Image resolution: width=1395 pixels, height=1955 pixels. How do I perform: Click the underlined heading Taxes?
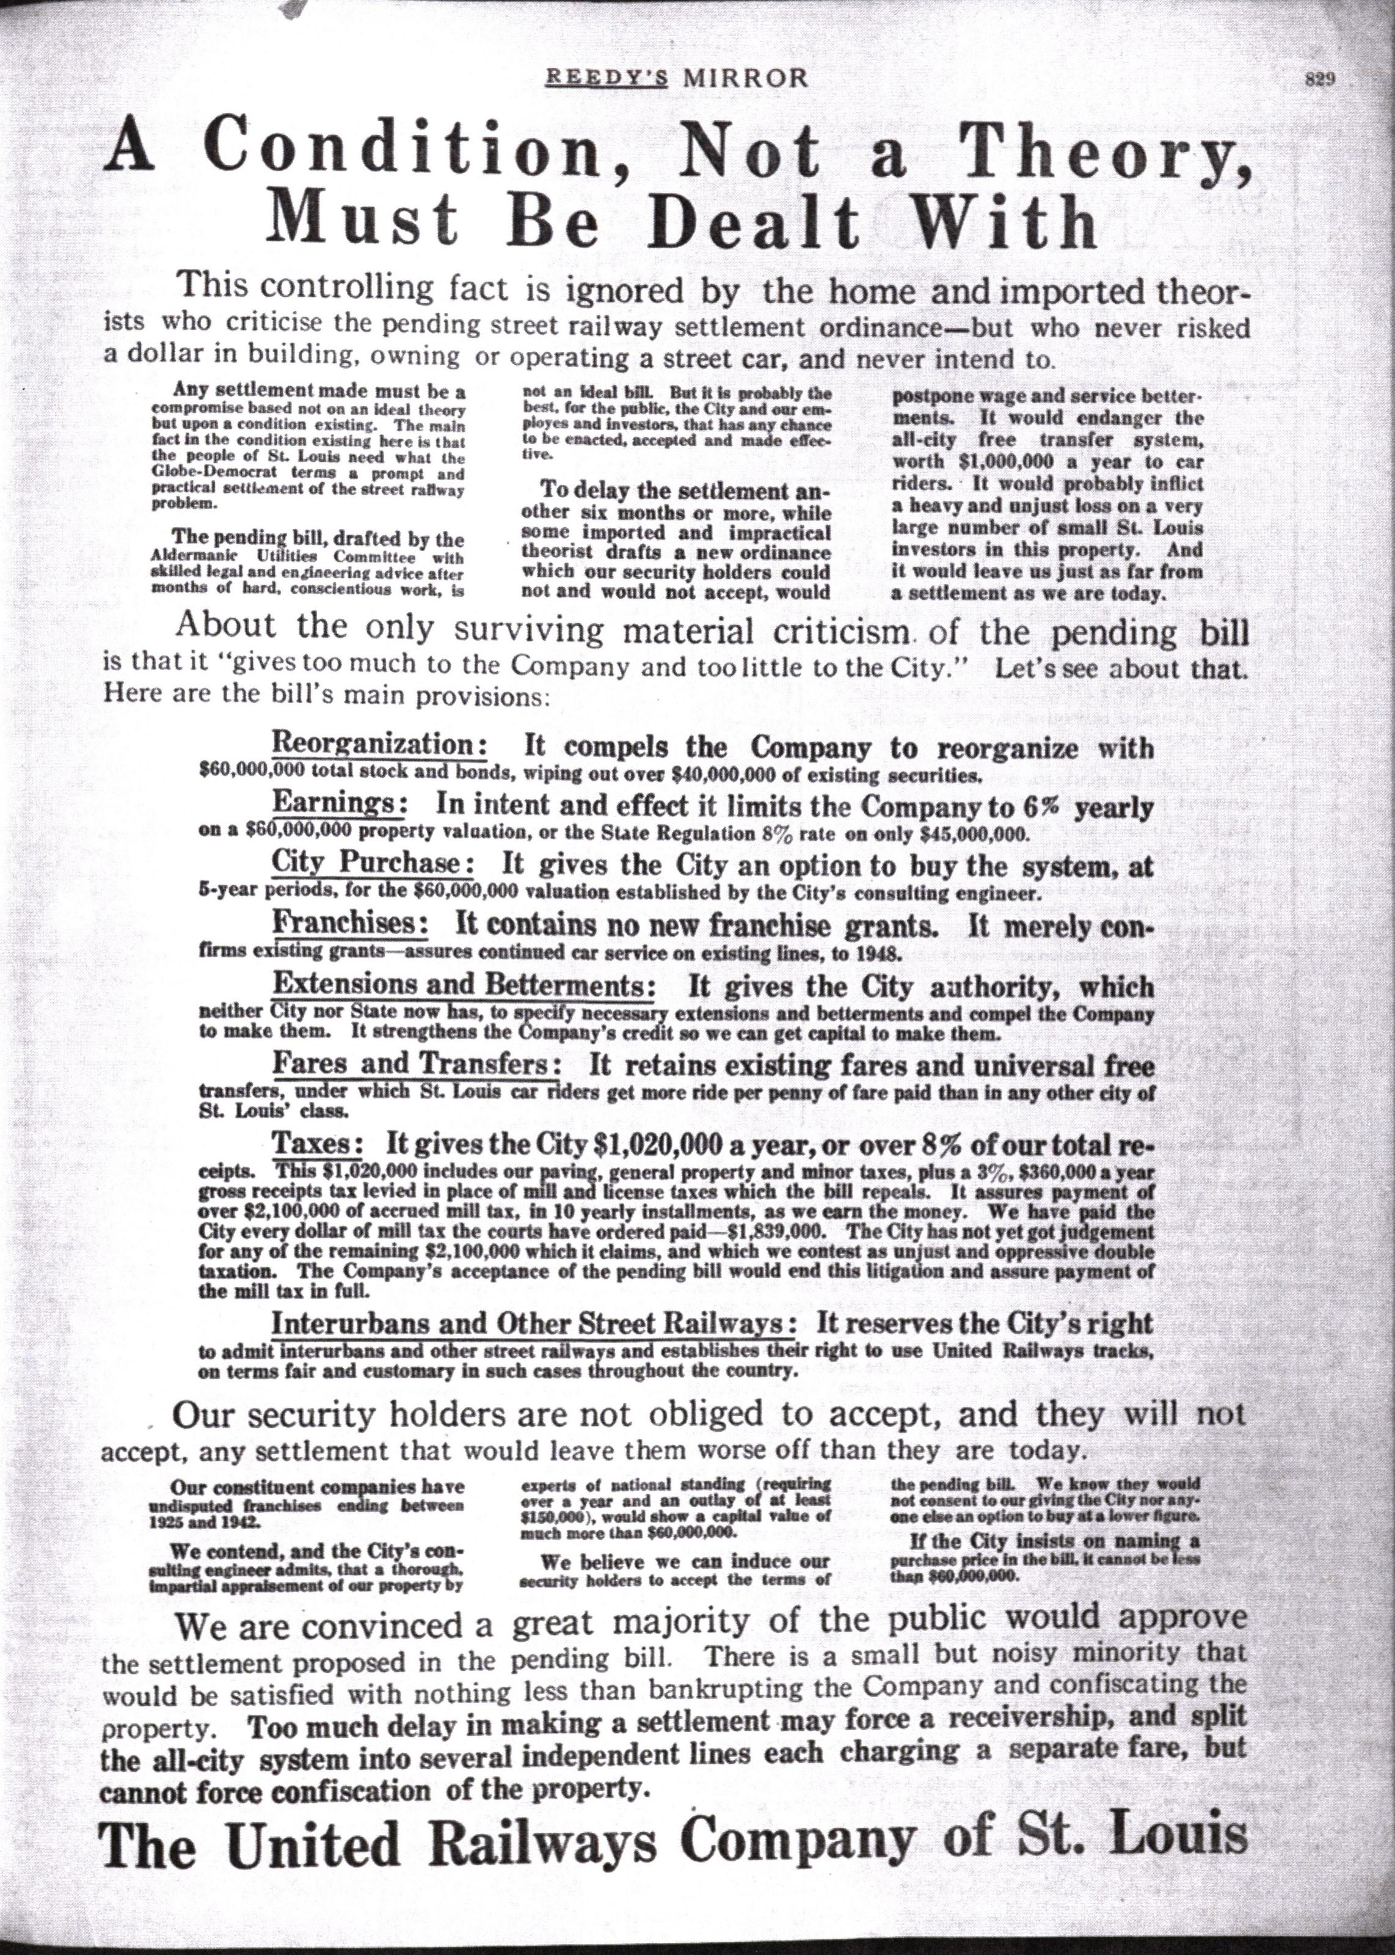(318, 1144)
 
